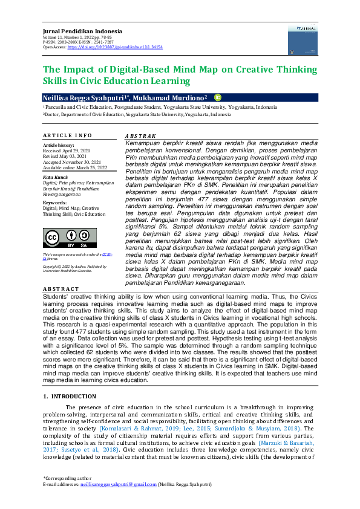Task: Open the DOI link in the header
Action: [x=116, y=47]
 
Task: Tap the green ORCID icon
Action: [x=218, y=97]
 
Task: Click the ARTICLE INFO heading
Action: [x=67, y=135]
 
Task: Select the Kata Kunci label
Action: [x=55, y=177]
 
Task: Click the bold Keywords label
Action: [x=54, y=202]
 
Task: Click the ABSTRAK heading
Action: [x=140, y=136]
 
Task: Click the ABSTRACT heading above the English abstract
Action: [x=61, y=290]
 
